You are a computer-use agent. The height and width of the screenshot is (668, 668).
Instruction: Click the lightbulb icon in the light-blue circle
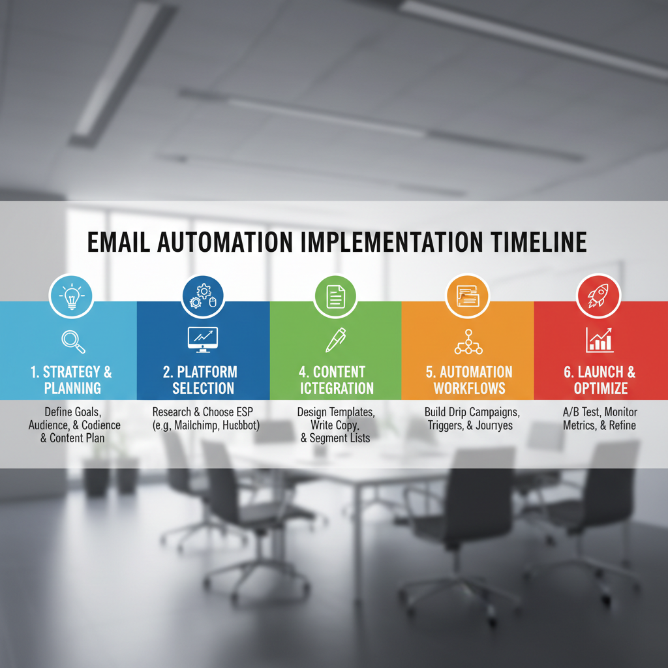click(71, 296)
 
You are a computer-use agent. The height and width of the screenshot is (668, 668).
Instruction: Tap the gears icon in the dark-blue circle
click(204, 296)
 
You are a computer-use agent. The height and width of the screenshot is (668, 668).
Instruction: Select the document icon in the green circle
click(336, 297)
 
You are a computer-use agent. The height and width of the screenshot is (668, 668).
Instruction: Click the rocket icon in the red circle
click(598, 296)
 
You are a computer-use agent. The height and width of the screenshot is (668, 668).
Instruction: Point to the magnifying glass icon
click(73, 342)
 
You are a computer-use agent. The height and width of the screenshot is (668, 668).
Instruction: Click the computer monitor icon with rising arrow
click(203, 340)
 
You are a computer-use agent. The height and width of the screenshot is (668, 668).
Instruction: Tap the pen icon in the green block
click(336, 340)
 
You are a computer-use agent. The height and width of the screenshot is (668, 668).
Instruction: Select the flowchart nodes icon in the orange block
click(468, 342)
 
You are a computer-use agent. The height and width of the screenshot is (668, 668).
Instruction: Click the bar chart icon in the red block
click(600, 340)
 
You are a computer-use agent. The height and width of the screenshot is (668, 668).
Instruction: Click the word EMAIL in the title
click(119, 242)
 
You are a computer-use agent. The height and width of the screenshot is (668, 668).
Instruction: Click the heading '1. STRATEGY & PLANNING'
click(72, 380)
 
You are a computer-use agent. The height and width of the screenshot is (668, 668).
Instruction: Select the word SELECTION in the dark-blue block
click(204, 389)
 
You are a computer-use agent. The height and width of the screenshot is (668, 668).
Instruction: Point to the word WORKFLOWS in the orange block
click(470, 389)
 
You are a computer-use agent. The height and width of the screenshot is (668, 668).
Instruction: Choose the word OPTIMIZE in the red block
click(601, 389)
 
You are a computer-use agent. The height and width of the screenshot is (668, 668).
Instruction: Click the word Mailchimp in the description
click(196, 425)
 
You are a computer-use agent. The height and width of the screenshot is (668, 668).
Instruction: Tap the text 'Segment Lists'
click(340, 438)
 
